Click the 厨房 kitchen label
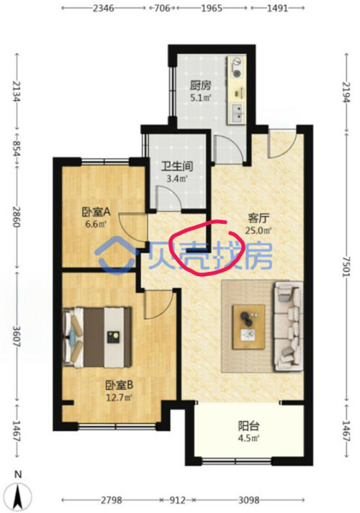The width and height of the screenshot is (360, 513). [x=201, y=86]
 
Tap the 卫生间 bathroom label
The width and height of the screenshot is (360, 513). [x=176, y=166]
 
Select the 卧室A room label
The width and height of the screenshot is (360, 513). [x=96, y=212]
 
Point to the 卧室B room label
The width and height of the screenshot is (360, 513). [x=119, y=385]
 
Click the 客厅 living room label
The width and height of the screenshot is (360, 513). [x=258, y=217]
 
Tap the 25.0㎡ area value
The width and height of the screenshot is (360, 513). [x=258, y=230]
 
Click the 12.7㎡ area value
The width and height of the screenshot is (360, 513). [x=119, y=398]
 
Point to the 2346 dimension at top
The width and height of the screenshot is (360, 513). [x=104, y=8]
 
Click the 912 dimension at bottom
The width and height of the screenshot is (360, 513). [x=178, y=500]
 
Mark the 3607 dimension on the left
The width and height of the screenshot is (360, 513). [x=17, y=336]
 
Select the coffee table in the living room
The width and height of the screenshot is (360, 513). [x=248, y=327]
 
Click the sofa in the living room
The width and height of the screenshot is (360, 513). [x=288, y=326]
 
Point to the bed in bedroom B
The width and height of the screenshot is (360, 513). [x=98, y=337]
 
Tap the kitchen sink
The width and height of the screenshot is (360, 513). [x=237, y=113]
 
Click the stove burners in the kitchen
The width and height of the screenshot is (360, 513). [x=237, y=67]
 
